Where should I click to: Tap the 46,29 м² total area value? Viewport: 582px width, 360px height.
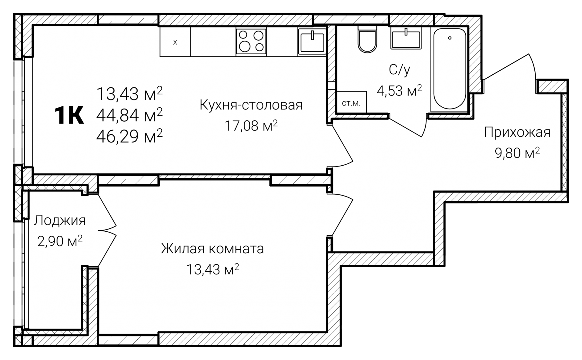tap(129, 136)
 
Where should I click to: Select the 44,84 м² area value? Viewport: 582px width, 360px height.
tap(129, 115)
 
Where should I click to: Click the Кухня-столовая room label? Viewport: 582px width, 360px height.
tap(251, 105)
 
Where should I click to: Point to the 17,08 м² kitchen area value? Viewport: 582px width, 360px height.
tap(251, 126)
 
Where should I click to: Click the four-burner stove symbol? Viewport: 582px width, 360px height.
tap(251, 42)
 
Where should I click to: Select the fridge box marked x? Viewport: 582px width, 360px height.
tap(175, 42)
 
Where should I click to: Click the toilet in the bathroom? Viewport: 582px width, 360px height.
tap(367, 39)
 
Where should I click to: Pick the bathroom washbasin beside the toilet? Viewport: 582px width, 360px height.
tap(406, 38)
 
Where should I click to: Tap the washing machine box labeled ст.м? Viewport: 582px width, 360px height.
tap(351, 103)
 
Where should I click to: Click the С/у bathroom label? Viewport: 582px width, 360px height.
tap(399, 70)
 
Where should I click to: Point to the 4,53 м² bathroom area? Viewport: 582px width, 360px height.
tap(399, 90)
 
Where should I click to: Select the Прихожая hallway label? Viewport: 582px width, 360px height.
tap(517, 133)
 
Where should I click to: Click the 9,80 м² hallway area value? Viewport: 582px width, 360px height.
tap(517, 153)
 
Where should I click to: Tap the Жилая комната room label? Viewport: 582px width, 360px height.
tap(212, 249)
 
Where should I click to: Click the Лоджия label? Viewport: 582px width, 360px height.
tap(60, 220)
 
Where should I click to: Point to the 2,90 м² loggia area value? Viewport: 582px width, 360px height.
tap(60, 241)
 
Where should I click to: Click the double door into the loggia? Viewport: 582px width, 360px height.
tap(107, 230)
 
